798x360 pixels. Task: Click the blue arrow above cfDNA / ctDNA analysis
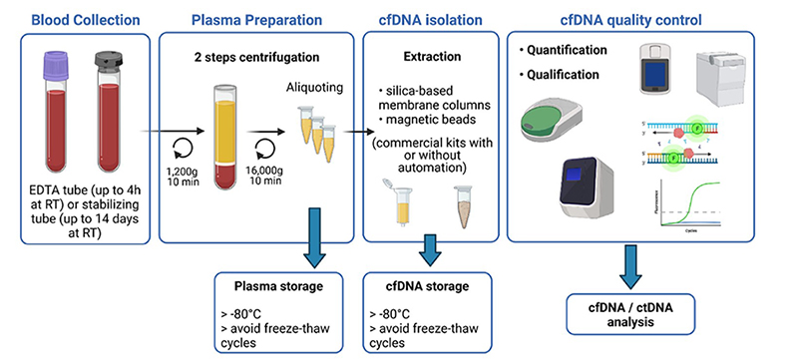point(630,265)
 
